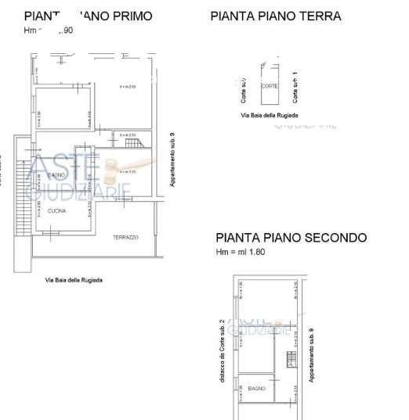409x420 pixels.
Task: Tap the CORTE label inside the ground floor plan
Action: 269,85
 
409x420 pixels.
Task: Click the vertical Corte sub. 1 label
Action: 295,86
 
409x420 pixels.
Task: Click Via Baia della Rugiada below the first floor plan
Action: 74,279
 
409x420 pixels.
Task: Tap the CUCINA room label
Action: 56,211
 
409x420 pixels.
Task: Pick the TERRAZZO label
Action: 125,238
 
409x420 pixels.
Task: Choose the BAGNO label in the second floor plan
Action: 257,388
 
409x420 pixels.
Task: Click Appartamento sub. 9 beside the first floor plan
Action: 172,160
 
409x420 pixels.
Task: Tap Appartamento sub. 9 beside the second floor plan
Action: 311,355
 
